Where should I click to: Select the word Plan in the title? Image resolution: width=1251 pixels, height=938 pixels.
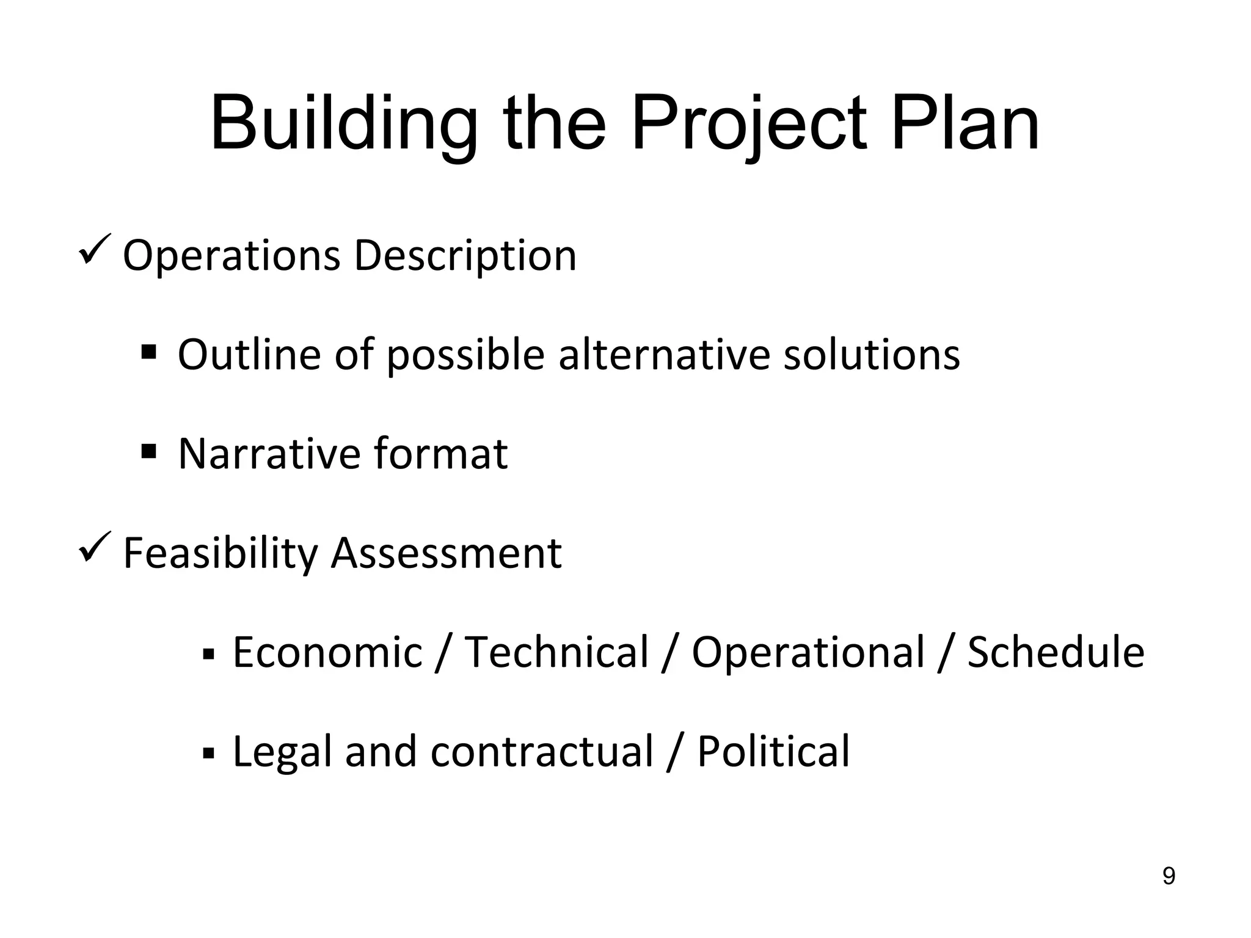point(965,125)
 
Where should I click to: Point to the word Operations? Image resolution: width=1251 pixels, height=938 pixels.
point(232,256)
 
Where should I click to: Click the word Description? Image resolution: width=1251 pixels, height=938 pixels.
point(465,256)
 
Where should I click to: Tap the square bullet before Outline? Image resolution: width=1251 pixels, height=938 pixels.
point(148,352)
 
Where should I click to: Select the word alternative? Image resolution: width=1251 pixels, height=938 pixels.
point(664,355)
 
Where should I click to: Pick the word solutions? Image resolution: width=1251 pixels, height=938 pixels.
point(872,355)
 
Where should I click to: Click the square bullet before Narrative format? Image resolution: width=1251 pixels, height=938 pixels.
point(148,451)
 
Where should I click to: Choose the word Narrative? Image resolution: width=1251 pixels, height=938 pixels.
point(269,454)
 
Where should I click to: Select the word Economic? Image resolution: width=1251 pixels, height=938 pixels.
point(327,653)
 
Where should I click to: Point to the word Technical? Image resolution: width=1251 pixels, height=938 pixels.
point(556,653)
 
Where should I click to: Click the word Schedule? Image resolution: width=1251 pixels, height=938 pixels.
point(1056,653)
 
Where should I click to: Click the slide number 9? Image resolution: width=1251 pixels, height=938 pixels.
point(1169,876)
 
